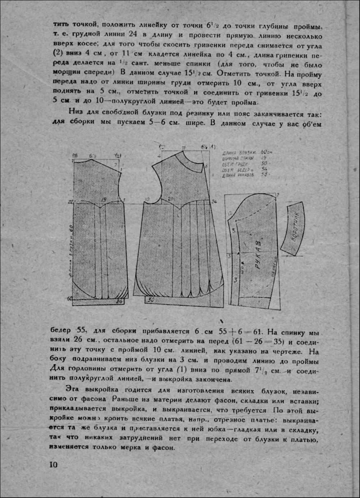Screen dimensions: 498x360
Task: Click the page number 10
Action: click(53, 465)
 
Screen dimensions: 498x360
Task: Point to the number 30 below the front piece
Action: click(151, 299)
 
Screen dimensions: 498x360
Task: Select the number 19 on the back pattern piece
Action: click(104, 200)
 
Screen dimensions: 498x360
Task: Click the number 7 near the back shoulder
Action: click(115, 165)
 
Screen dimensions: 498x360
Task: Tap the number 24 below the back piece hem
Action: click(119, 302)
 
